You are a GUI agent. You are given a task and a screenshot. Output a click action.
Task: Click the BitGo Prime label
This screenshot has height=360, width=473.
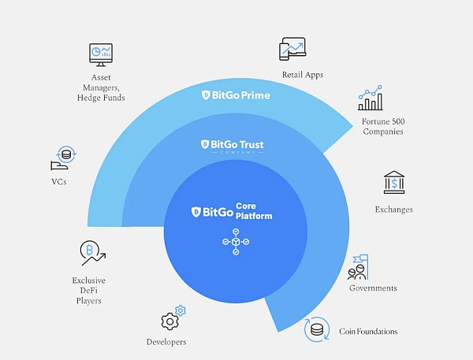(x=236, y=95)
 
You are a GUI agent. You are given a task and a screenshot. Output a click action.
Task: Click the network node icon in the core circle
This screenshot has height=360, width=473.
(x=236, y=241)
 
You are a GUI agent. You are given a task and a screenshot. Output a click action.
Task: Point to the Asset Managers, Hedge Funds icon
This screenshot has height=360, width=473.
(x=101, y=55)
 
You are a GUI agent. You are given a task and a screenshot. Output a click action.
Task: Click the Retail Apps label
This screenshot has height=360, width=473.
(x=303, y=75)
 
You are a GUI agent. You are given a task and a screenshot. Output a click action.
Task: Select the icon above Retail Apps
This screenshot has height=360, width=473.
(x=292, y=49)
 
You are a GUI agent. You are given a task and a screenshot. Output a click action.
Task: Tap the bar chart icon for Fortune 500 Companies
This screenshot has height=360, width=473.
(x=371, y=98)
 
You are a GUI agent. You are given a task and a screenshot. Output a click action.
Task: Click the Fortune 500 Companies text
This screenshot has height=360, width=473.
(x=382, y=126)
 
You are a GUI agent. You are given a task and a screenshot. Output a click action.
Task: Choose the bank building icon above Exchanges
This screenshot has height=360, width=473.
(x=393, y=183)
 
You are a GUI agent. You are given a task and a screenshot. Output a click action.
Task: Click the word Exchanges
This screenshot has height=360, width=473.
(x=393, y=210)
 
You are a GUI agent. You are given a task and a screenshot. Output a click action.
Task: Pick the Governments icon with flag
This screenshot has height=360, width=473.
(x=358, y=267)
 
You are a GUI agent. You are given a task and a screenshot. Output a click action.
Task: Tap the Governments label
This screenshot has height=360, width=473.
(x=373, y=288)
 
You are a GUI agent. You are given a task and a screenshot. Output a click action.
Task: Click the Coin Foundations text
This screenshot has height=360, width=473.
(x=368, y=332)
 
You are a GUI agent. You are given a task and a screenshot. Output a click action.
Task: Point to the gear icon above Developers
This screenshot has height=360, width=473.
(x=171, y=318)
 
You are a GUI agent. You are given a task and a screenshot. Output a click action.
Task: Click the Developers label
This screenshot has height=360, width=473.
(x=166, y=342)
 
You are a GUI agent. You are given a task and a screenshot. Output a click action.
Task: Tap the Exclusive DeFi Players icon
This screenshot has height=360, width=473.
(x=92, y=254)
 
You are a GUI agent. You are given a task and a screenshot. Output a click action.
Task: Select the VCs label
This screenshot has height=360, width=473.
(x=58, y=181)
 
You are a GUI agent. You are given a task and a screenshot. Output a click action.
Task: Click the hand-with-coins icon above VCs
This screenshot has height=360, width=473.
(x=62, y=158)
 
